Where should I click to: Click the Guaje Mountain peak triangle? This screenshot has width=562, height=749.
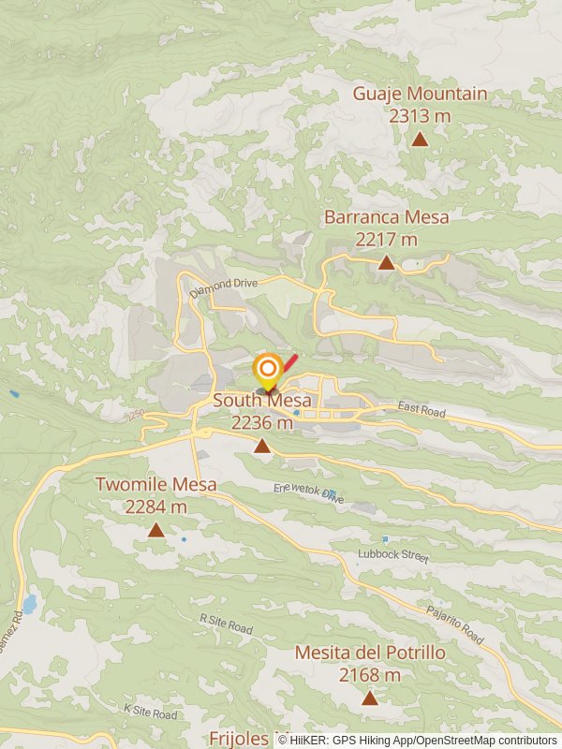coord(421,140)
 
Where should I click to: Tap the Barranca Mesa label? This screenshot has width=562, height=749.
coord(386,217)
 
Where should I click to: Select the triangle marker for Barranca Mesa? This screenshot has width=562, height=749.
coord(386,262)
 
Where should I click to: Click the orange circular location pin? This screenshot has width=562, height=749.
coord(268,368)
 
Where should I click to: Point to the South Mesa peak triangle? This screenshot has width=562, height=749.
coord(262,446)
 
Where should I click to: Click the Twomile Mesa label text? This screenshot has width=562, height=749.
coord(155,485)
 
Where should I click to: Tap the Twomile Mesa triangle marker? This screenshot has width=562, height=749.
coord(155,530)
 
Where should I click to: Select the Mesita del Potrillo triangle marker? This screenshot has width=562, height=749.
coord(370,698)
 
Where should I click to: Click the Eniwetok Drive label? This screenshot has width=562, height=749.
coord(308,493)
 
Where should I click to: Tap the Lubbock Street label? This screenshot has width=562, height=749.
coord(392,555)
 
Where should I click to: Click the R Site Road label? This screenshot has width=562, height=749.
coord(226,624)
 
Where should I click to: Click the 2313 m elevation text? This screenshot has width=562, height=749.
coord(421,115)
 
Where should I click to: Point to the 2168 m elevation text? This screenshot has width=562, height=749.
coord(370,674)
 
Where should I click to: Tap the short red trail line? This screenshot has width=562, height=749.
coord(290,362)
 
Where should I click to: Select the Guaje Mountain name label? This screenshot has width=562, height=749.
coord(420,94)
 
